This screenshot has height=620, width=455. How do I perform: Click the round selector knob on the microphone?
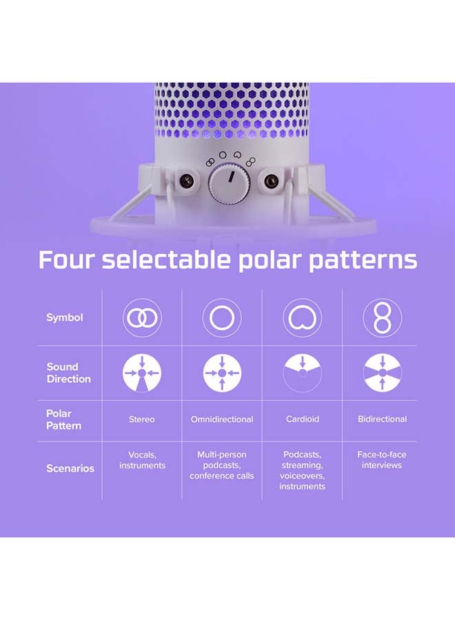(x=228, y=183)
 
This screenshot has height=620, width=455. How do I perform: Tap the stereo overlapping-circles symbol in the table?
(x=142, y=318)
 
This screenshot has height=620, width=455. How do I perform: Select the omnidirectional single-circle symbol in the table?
(x=222, y=318)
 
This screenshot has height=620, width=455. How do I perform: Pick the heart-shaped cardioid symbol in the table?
(x=302, y=318)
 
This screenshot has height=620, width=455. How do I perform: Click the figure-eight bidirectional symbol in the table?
(x=382, y=318)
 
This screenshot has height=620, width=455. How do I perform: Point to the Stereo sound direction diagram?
(x=142, y=373)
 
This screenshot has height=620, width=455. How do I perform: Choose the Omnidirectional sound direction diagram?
(x=222, y=373)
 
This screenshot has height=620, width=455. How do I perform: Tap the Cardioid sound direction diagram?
(x=302, y=373)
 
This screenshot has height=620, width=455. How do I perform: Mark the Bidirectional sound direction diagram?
(x=382, y=373)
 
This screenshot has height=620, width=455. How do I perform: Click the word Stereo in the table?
(x=142, y=419)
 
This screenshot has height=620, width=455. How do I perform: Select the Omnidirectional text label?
(x=222, y=419)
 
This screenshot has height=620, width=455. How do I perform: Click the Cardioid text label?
(x=302, y=419)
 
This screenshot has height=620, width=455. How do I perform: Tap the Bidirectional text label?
(x=382, y=419)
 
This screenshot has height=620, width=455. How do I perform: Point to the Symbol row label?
(x=65, y=318)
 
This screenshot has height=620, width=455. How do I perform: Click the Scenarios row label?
(x=70, y=468)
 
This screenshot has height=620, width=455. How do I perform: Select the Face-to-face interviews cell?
(x=382, y=459)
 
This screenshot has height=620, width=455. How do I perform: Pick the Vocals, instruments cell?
(x=142, y=459)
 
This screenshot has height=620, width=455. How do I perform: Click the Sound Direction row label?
(x=68, y=373)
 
